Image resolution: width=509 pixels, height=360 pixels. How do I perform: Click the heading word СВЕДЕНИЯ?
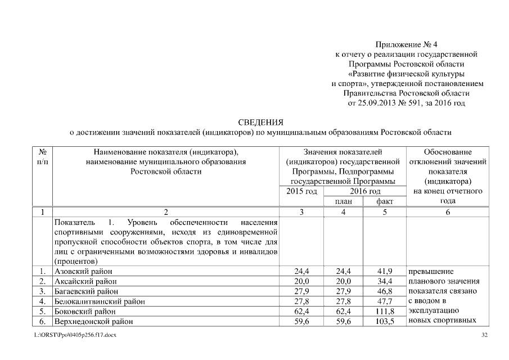pyautogui.click(x=259, y=122)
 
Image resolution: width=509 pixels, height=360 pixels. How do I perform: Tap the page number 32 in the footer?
pyautogui.click(x=485, y=335)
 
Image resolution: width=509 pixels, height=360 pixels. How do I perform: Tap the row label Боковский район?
pyautogui.click(x=85, y=311)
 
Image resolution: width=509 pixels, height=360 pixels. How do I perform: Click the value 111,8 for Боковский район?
pyautogui.click(x=385, y=311)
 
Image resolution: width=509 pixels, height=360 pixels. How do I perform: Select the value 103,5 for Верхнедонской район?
pyautogui.click(x=385, y=321)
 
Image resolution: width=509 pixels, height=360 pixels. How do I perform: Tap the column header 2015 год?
pyautogui.click(x=301, y=192)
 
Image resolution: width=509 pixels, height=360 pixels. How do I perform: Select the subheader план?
pyautogui.click(x=343, y=201)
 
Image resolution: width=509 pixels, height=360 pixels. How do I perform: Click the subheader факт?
pyautogui.click(x=385, y=201)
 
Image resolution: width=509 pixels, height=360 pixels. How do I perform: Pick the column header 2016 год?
pyautogui.click(x=364, y=192)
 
